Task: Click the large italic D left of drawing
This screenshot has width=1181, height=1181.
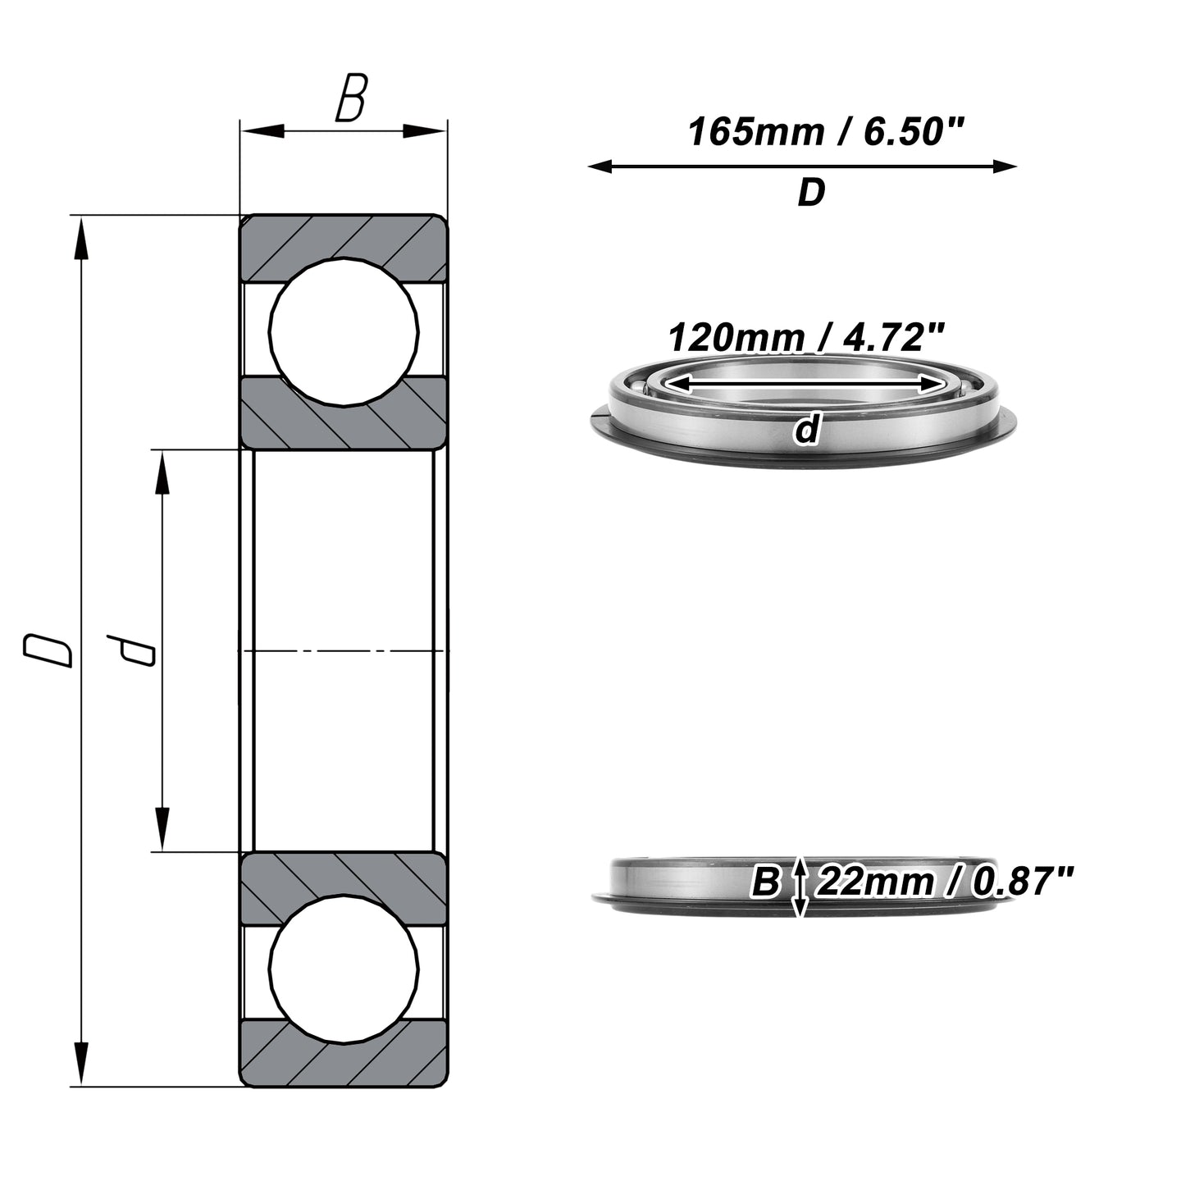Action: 48,650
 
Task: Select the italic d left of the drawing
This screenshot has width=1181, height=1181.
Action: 130,650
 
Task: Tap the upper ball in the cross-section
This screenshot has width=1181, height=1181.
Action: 344,331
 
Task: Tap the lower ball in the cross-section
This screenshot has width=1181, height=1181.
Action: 344,969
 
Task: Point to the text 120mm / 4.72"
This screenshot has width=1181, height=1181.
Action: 806,337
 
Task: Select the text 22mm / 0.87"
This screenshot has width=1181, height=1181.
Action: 945,882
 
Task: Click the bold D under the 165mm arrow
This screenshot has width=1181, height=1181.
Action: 811,193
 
